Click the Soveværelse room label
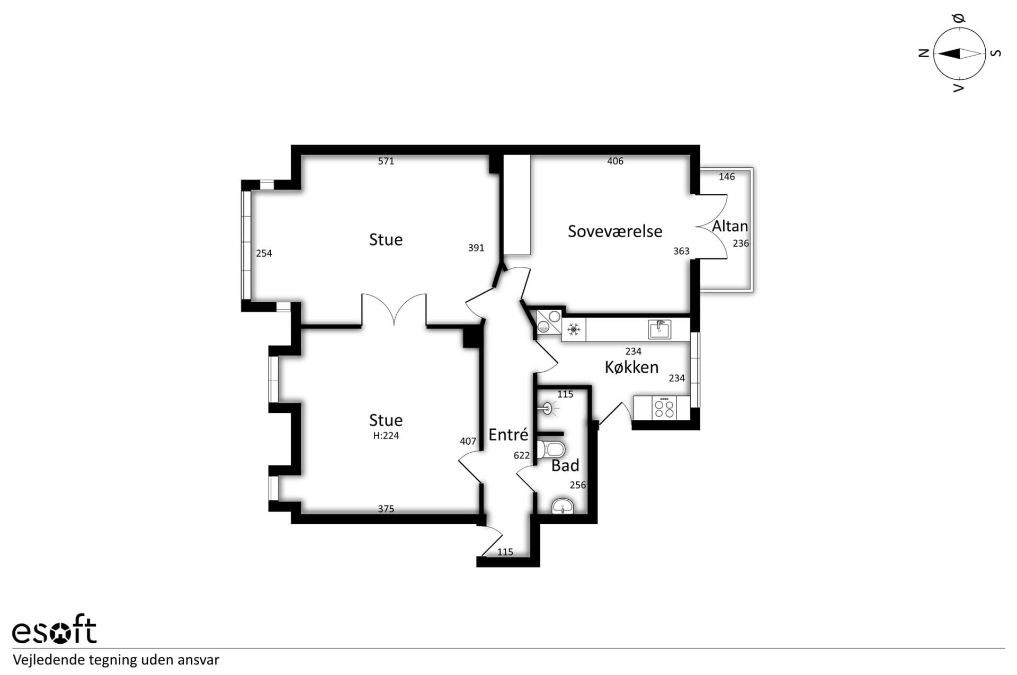tap(615, 231)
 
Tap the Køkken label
tap(631, 367)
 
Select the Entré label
tap(508, 435)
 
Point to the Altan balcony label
tap(730, 227)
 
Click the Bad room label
tap(565, 466)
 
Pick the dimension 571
tap(386, 161)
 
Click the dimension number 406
tap(615, 161)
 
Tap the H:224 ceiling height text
tap(386, 436)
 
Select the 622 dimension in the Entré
tap(522, 455)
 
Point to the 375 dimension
tap(386, 509)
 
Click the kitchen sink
tap(659, 329)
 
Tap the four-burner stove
tap(664, 408)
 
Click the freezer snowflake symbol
tap(573, 330)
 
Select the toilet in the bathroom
tap(551, 450)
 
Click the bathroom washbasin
tap(563, 506)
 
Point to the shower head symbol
tap(548, 408)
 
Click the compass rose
tap(959, 53)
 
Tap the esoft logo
tap(54, 629)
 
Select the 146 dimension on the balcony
tap(727, 177)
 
